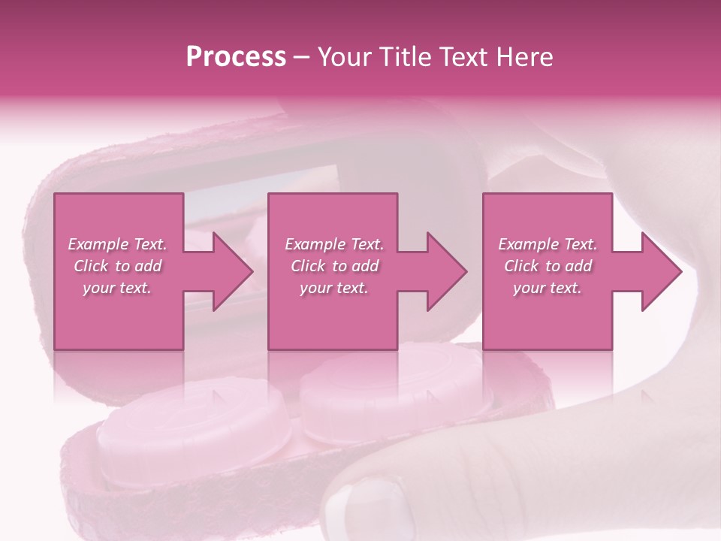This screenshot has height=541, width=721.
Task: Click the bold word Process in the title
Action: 236,57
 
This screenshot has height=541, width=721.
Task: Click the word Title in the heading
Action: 401,57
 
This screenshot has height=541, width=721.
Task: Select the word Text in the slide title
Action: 462,57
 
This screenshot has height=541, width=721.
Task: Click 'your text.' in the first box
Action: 116,288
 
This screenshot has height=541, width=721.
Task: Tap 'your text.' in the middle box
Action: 333,288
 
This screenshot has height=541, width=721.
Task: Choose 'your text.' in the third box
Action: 547,288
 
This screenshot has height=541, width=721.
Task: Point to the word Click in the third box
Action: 522,266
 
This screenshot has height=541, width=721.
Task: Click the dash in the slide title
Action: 302,57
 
